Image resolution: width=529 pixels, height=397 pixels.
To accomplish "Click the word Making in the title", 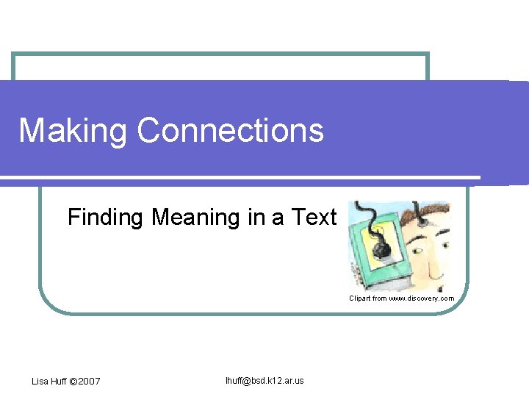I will [73, 131].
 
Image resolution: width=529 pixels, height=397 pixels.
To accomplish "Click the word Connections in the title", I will [230, 130].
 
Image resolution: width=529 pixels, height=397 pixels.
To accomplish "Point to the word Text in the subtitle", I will [314, 217].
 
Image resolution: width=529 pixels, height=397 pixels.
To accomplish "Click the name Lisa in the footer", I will [40, 381].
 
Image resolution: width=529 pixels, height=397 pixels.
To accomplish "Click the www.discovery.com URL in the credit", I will [421, 298].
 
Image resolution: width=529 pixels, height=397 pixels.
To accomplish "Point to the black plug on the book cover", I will [381, 249].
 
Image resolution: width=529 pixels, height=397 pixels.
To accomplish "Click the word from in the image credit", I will [379, 298].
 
